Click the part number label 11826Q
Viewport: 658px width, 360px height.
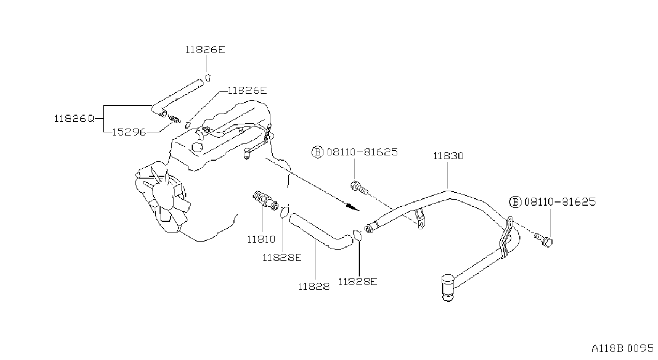(x=74, y=119)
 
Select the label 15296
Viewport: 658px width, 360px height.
(x=129, y=132)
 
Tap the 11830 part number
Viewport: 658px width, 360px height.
(x=448, y=156)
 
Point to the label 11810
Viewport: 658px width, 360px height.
(x=261, y=239)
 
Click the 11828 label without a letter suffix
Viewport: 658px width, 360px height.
(x=314, y=286)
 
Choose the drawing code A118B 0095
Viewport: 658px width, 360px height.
(x=623, y=349)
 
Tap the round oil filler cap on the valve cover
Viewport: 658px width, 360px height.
(x=197, y=147)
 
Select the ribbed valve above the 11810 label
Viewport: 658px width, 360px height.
(x=265, y=200)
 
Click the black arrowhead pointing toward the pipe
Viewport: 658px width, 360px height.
(x=352, y=207)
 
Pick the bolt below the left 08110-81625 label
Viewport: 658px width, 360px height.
(x=359, y=187)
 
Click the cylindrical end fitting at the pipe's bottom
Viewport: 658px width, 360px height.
(x=448, y=288)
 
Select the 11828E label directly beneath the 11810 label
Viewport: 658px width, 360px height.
(x=282, y=258)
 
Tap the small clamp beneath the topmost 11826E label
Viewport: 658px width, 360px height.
(x=208, y=78)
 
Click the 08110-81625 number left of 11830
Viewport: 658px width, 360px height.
(x=362, y=152)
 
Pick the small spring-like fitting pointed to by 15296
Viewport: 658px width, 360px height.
(x=175, y=119)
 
